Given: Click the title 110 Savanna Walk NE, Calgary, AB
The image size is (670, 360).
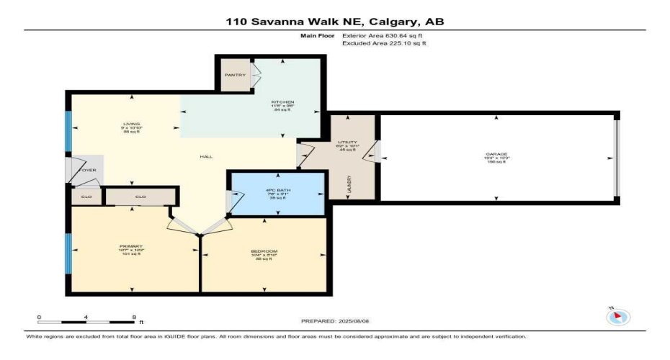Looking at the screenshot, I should pyautogui.click(x=334, y=22).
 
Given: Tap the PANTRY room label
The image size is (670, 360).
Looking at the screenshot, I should pyautogui.click(x=234, y=75).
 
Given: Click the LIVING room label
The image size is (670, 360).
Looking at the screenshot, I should pyautogui.click(x=131, y=124).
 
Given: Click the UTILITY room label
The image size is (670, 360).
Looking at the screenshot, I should pyautogui.click(x=348, y=143).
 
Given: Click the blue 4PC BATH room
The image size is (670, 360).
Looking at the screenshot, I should pyautogui.click(x=277, y=194).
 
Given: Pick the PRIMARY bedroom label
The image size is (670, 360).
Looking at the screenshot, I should pyautogui.click(x=131, y=246).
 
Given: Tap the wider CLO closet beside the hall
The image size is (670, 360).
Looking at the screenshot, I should pyautogui.click(x=140, y=196).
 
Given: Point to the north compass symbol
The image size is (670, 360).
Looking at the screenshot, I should pyautogui.click(x=619, y=317).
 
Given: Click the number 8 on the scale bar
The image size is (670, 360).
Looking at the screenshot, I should pyautogui.click(x=134, y=317).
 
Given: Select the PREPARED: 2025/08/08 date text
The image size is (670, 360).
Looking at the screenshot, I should pyautogui.click(x=337, y=321).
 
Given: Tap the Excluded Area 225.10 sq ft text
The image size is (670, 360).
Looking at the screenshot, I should pyautogui.click(x=384, y=43).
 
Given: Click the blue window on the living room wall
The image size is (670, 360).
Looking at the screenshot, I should pyautogui.click(x=68, y=132).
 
